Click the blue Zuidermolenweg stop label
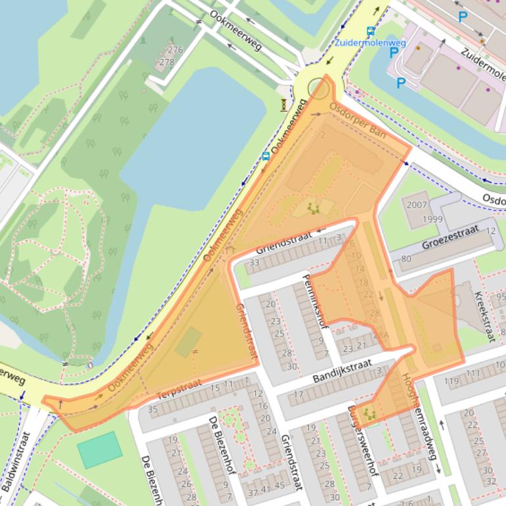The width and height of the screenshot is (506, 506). (x=370, y=43)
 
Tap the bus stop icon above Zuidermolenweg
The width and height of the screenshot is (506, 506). (x=371, y=31)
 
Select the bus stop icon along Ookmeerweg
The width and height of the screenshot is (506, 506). (x=265, y=156)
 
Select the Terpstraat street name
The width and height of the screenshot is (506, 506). (x=178, y=390)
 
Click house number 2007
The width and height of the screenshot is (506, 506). (x=417, y=205)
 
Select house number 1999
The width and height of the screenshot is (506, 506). (x=432, y=219)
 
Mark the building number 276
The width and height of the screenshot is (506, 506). (x=175, y=50)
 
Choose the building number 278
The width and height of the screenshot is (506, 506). (x=167, y=62)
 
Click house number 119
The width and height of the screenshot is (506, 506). (x=451, y=381)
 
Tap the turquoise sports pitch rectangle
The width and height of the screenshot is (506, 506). (x=99, y=449)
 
